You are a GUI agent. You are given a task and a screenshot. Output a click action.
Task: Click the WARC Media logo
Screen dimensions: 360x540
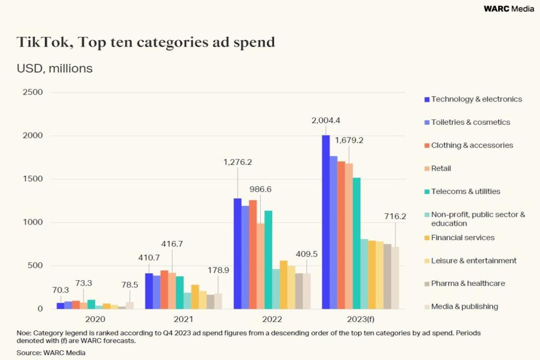[x=509, y=9]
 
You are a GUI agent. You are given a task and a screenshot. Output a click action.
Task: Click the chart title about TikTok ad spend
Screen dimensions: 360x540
[x=146, y=42]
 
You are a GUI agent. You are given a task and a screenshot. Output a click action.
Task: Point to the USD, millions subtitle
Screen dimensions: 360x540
[x=54, y=68]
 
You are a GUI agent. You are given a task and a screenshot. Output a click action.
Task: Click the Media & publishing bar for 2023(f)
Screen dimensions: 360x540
[x=395, y=278]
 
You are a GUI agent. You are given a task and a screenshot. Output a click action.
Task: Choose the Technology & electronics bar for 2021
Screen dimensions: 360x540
[x=149, y=291]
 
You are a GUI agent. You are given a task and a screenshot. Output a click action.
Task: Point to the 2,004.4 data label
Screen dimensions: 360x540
[x=325, y=121]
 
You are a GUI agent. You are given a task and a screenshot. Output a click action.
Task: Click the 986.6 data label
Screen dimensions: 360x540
[x=260, y=189]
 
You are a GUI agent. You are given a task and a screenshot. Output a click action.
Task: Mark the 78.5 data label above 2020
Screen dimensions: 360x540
[x=130, y=273]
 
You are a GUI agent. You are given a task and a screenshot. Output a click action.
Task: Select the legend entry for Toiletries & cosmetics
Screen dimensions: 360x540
[x=470, y=122]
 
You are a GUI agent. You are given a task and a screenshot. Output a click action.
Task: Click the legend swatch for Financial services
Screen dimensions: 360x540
[x=427, y=238]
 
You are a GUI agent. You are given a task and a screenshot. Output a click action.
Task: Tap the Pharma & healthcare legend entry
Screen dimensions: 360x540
[x=467, y=284]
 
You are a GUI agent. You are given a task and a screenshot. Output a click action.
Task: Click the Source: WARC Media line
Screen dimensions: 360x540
[x=51, y=352]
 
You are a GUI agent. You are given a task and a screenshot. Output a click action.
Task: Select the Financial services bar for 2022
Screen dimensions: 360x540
[x=283, y=285]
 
